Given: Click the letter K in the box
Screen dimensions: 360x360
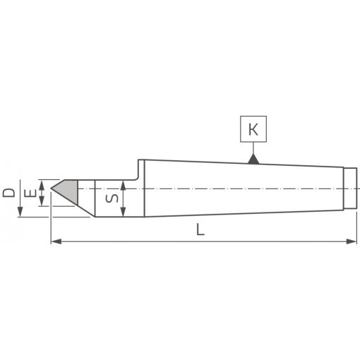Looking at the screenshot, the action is point(253,129).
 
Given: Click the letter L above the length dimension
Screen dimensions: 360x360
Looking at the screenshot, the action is point(200,229).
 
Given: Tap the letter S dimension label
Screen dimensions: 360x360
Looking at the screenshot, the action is point(112,198).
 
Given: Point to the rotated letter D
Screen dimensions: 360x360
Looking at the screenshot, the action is point(8,193).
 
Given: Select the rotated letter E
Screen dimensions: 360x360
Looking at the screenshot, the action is point(30,193).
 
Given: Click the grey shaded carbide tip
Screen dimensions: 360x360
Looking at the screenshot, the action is point(67,192).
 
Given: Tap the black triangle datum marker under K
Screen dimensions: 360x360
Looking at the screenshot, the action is point(253,159).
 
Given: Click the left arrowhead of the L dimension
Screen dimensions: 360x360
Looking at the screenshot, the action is point(56,241).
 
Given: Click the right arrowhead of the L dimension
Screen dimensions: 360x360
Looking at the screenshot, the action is point(352,241).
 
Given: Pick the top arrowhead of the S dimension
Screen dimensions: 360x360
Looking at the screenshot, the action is point(123,186).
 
